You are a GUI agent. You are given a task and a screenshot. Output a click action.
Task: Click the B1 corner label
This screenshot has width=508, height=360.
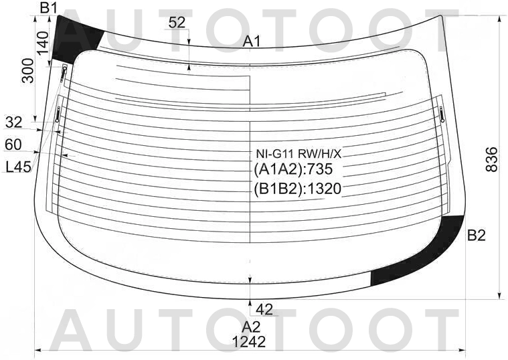coord(48,8)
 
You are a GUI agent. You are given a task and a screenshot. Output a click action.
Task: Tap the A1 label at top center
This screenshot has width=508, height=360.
coord(252,41)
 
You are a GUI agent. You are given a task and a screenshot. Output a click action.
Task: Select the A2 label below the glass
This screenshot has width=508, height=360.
coord(251,327)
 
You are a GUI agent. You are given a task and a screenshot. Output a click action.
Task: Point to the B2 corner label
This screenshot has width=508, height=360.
coord(477,236)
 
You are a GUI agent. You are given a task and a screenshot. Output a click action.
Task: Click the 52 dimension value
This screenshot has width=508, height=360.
coord(177,22)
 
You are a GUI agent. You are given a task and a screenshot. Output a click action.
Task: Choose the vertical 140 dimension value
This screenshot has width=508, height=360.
coord(42,43)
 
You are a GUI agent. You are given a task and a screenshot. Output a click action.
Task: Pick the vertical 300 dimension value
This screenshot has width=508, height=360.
coord(28,71)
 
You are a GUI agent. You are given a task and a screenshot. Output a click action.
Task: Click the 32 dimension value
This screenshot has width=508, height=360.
coord(14,122)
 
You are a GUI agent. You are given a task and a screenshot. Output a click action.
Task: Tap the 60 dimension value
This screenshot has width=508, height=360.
coord(13,145)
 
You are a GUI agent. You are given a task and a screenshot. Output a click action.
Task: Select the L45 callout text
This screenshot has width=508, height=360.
coord(19,167)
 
